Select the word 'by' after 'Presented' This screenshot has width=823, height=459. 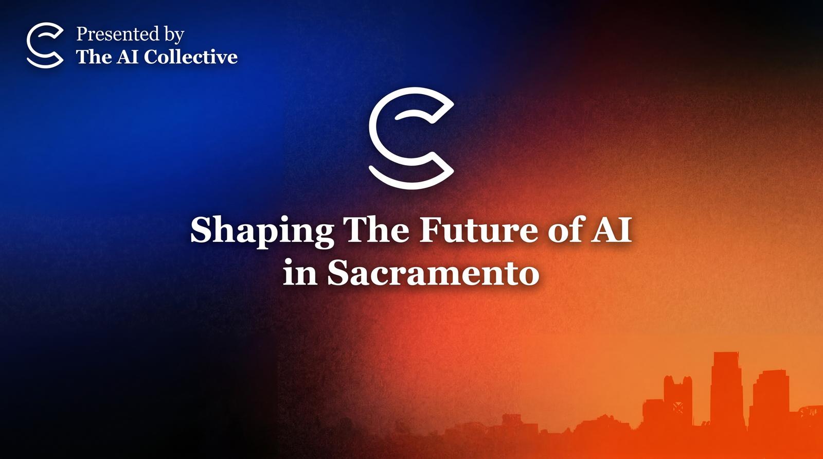(x=174, y=36)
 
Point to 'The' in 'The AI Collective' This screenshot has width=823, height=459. (x=94, y=57)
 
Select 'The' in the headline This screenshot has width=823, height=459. (x=378, y=229)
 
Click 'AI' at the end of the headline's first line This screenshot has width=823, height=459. (x=611, y=229)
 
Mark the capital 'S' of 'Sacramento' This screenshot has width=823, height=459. (x=337, y=272)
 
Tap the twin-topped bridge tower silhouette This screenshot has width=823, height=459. (x=678, y=400)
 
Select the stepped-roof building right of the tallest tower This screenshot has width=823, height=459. (x=768, y=399)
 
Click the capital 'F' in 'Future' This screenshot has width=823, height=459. (x=431, y=229)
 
